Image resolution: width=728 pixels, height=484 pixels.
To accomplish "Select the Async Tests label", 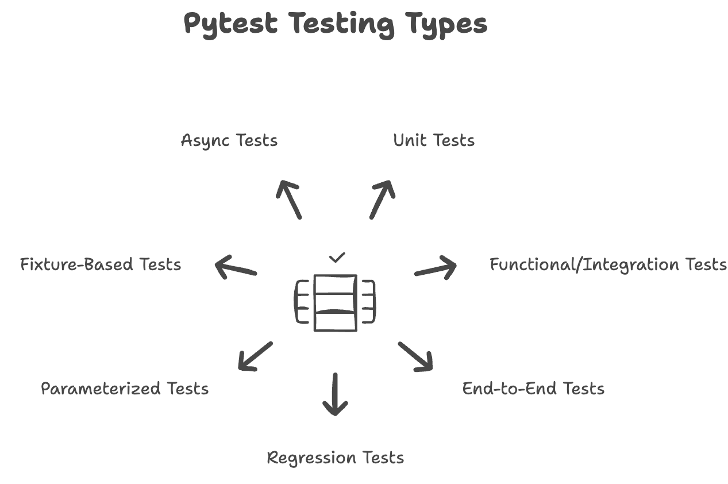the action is (x=229, y=141).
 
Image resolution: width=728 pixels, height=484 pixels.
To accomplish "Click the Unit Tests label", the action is (x=434, y=141).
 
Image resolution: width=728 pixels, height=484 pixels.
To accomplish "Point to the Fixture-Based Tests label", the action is (x=101, y=264).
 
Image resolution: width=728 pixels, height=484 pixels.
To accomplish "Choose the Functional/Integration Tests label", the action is (x=608, y=264).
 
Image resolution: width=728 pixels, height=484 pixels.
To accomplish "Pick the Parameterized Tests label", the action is (x=125, y=389).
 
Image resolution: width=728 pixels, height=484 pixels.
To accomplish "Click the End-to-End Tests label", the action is (x=533, y=389).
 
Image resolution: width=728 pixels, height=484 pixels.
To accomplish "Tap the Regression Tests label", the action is (x=336, y=458).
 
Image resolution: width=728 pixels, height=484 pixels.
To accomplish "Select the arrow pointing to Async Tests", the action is (x=288, y=199).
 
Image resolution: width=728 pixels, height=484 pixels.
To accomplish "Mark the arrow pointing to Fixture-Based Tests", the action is (x=236, y=268).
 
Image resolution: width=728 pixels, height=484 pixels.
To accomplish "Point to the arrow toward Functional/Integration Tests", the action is (x=435, y=268).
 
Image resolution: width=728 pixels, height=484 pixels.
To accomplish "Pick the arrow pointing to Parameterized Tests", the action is (x=255, y=356).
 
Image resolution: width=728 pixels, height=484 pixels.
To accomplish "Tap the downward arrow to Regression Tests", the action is (x=335, y=394).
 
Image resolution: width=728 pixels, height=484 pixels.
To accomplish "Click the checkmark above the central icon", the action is (x=337, y=258).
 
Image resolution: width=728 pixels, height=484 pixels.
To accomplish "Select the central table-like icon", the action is (x=336, y=303).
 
